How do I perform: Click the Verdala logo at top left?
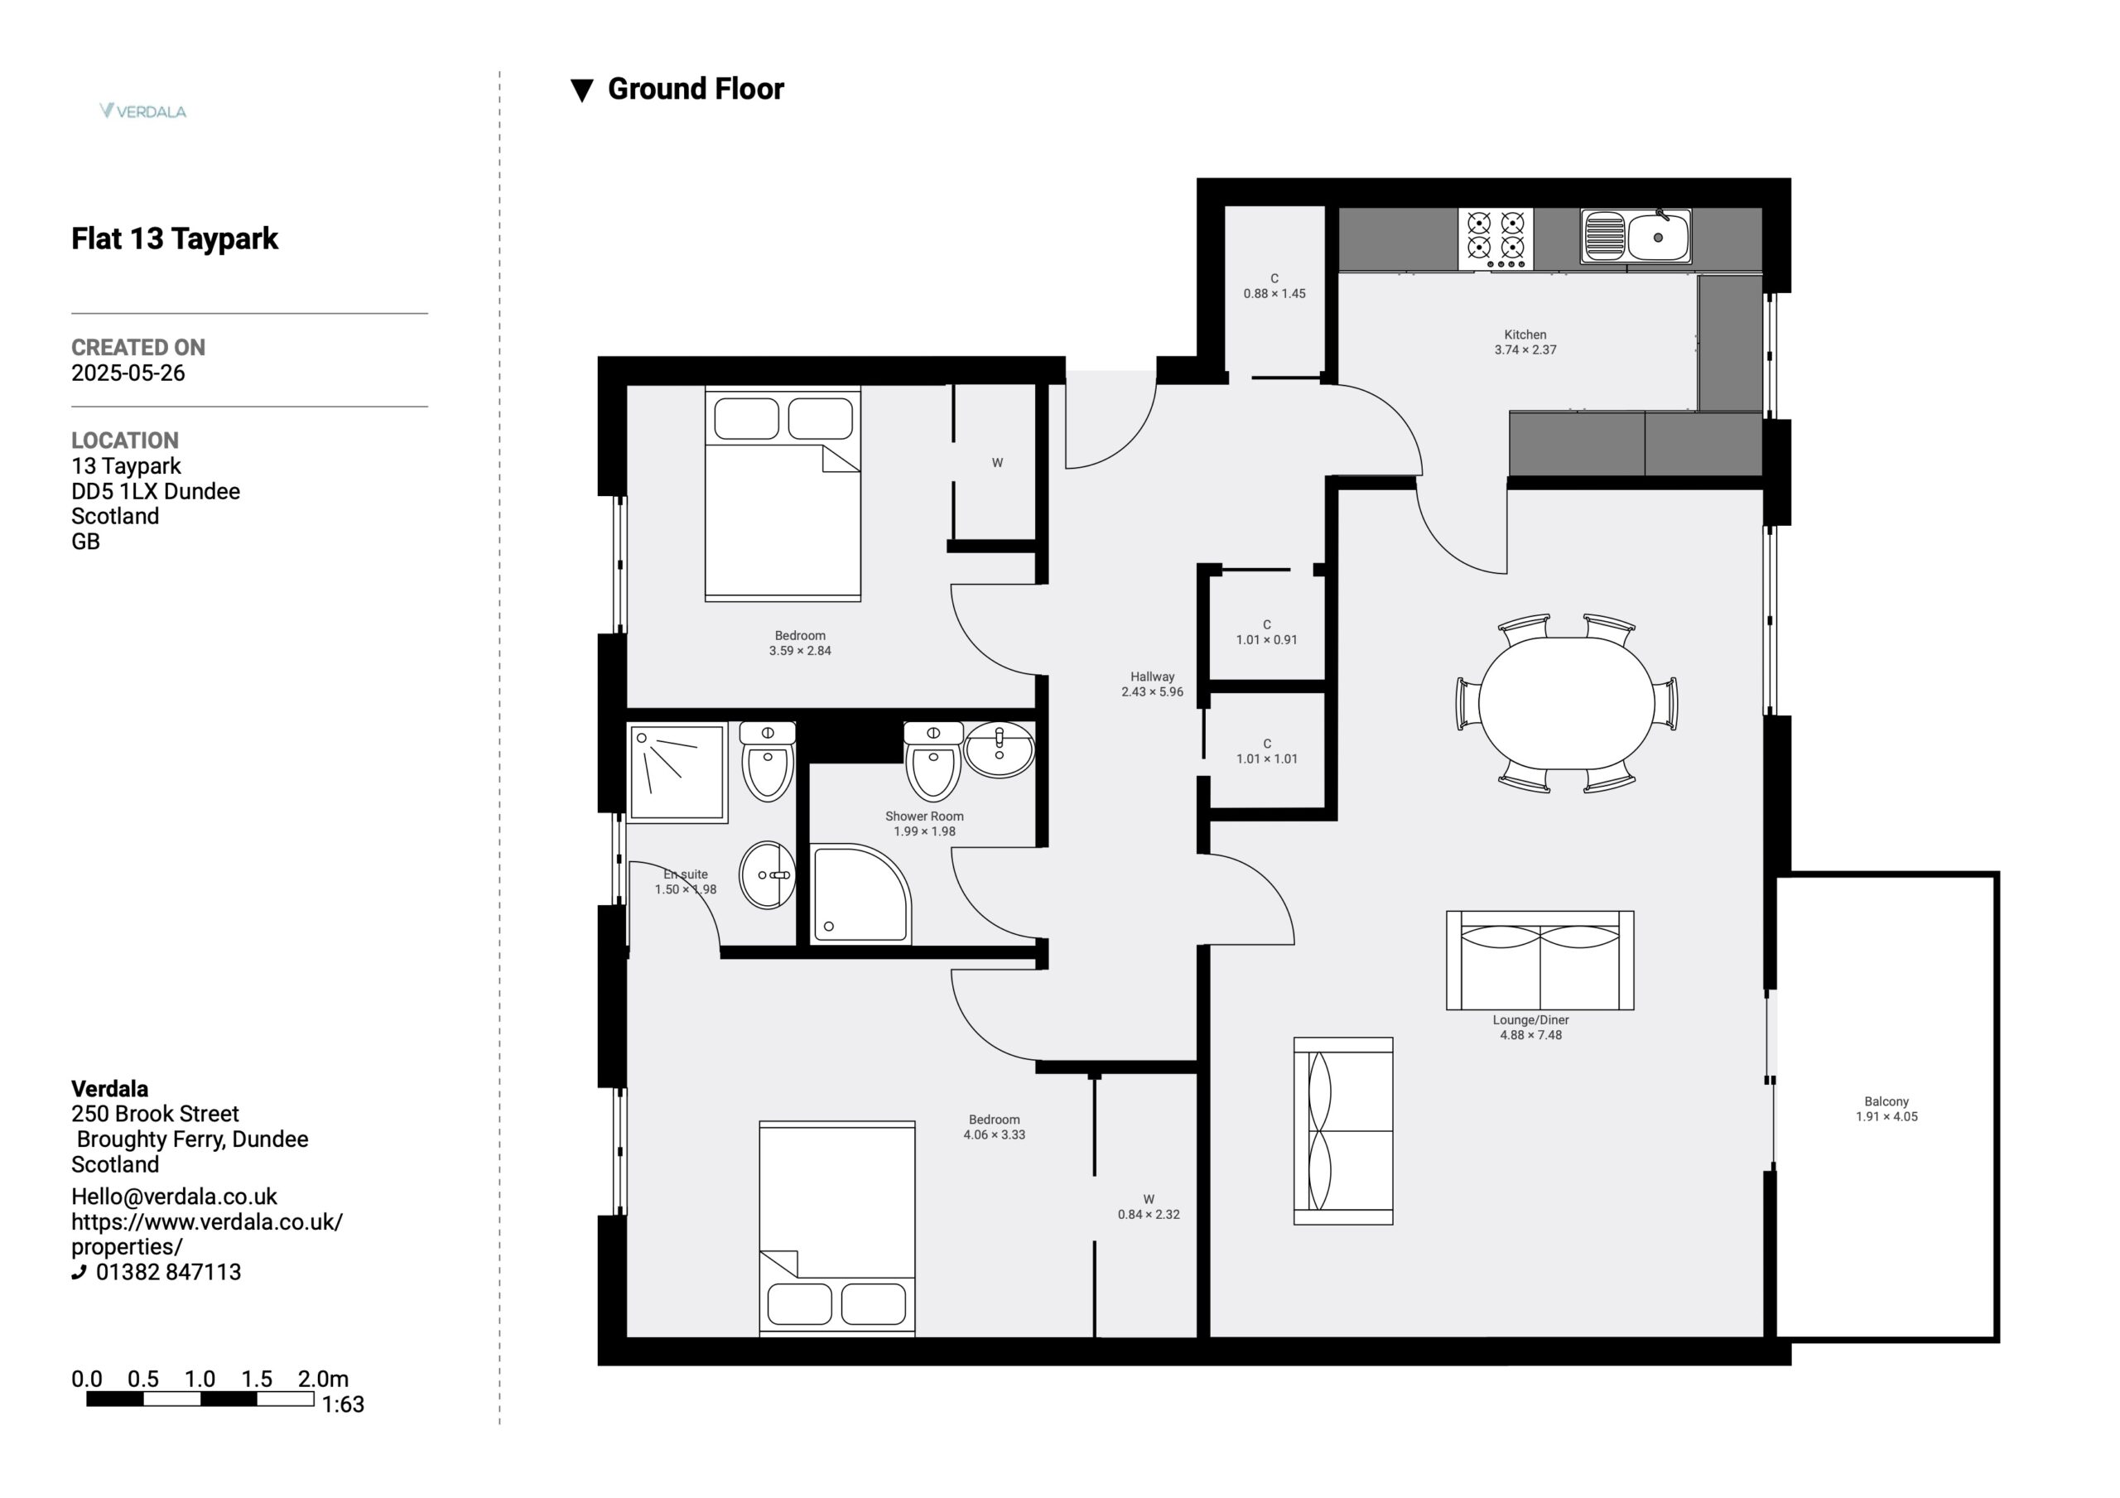tap(143, 111)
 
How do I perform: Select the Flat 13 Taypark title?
tap(175, 238)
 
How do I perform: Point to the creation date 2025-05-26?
tap(128, 373)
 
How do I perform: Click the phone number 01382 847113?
tap(168, 1272)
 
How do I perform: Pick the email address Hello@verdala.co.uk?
tap(175, 1196)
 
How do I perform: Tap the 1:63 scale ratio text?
tap(343, 1404)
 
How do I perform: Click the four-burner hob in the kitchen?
tap(1496, 238)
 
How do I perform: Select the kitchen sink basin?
tap(1636, 237)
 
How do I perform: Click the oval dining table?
tap(1567, 703)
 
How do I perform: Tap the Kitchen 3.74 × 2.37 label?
tap(1525, 342)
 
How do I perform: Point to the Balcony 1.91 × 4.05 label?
tap(1886, 1108)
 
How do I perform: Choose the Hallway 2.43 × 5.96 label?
tap(1152, 684)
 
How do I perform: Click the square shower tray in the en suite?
tap(677, 773)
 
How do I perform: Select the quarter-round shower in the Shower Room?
tap(860, 893)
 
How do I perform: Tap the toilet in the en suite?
tap(768, 762)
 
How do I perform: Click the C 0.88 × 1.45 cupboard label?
tap(1274, 287)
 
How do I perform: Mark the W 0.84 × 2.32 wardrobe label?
tap(1149, 1207)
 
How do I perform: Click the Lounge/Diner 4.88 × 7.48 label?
tap(1531, 1027)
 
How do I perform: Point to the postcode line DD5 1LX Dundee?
tap(155, 491)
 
